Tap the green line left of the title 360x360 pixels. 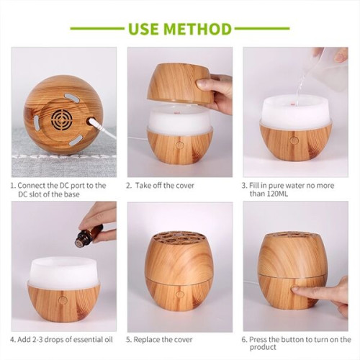[97, 30]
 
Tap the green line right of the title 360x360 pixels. [263, 30]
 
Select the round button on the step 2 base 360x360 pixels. [179, 143]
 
